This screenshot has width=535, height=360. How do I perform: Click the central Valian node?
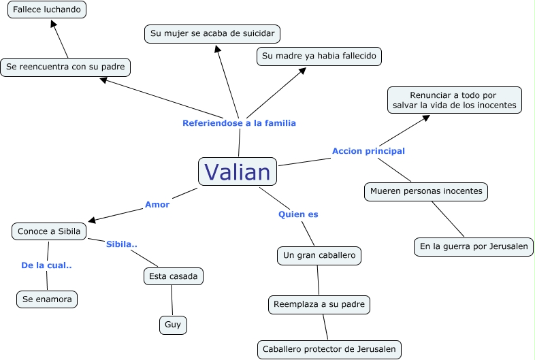(x=238, y=171)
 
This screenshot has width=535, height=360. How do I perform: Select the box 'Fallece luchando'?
(x=47, y=10)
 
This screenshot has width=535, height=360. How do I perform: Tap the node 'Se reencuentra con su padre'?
(x=65, y=67)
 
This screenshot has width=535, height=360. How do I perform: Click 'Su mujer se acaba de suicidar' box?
(x=212, y=33)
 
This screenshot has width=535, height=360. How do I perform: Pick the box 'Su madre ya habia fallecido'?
(x=319, y=56)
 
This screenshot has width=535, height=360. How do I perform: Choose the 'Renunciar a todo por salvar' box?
(x=455, y=100)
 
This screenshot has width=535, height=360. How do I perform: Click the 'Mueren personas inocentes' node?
(x=426, y=191)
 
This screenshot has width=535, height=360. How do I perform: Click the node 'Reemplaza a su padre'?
(x=319, y=304)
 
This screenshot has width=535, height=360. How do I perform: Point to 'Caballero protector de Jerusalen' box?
(x=329, y=350)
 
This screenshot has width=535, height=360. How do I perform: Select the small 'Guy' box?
(x=173, y=325)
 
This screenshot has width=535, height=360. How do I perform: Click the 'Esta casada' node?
(x=174, y=276)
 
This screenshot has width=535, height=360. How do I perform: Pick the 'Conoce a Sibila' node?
(x=49, y=231)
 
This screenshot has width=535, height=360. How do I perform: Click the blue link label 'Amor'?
(x=157, y=204)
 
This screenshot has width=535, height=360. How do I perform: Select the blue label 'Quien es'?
(x=298, y=214)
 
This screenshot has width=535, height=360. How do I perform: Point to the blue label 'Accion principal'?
(x=368, y=151)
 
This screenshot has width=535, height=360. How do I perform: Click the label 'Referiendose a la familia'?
(x=239, y=123)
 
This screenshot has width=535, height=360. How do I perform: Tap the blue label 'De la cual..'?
(x=46, y=265)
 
